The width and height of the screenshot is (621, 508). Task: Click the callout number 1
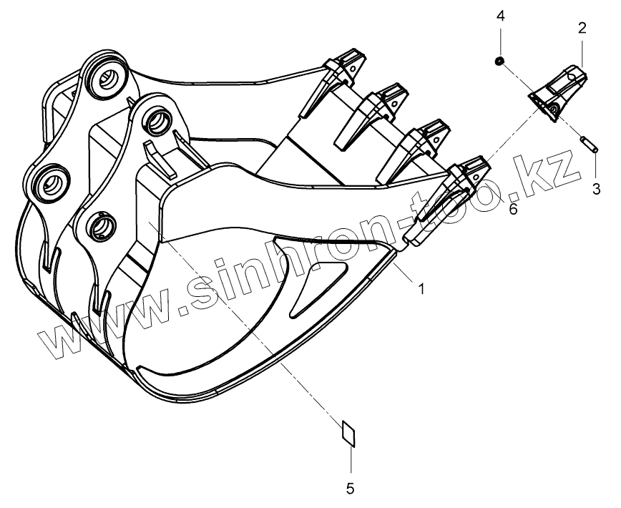tap(421, 288)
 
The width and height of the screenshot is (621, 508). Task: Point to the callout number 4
tap(501, 16)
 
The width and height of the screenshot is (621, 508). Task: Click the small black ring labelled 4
tap(499, 62)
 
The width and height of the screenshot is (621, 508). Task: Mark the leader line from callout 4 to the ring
tap(500, 43)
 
